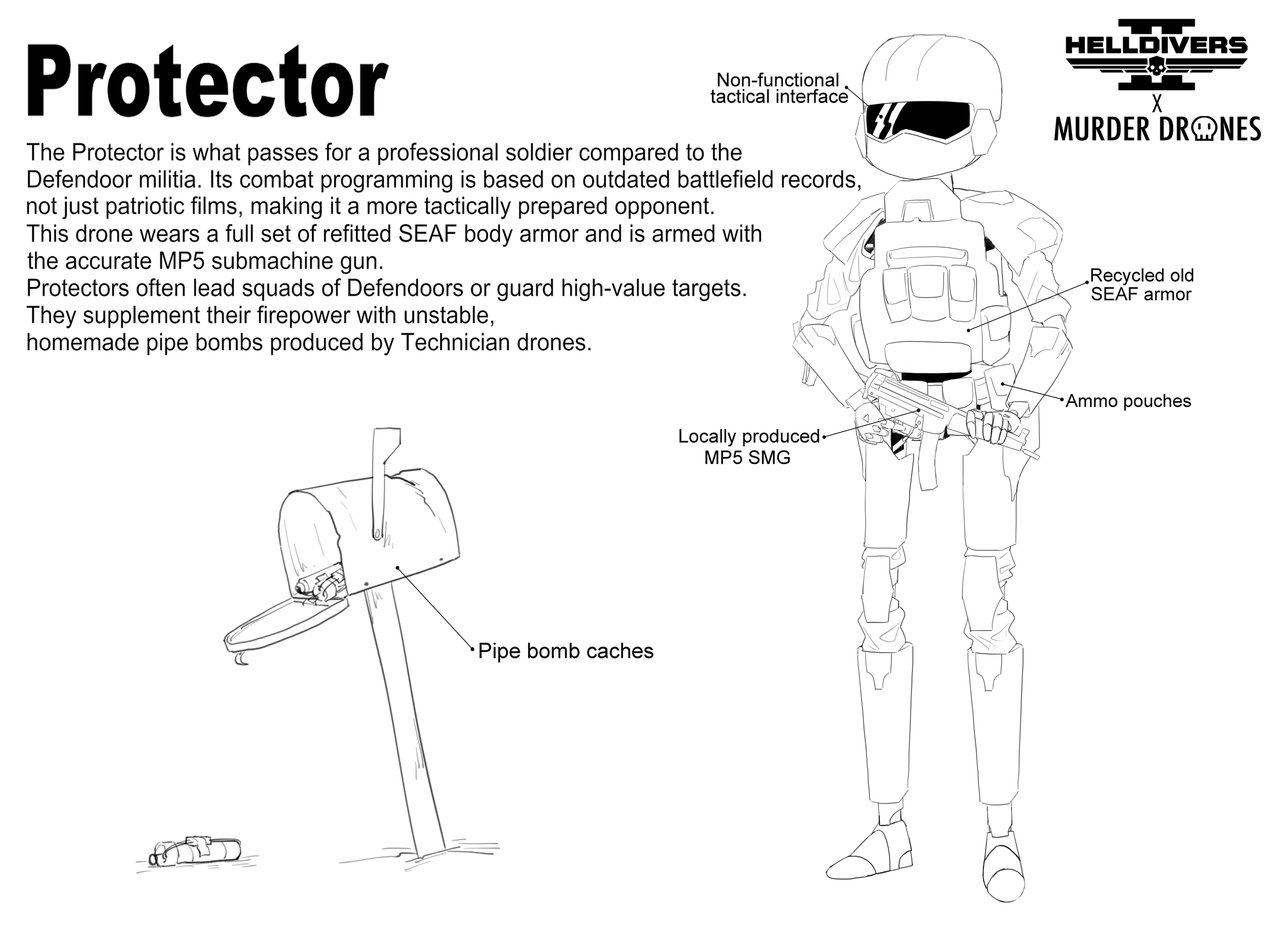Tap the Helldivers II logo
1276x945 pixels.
tap(1156, 54)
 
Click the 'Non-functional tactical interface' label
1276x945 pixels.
tap(779, 89)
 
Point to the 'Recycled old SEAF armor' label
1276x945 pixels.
tap(1141, 285)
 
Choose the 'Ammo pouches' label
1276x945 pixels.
tap(1128, 401)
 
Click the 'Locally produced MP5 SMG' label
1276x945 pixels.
tap(748, 447)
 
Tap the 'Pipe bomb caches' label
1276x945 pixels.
tap(565, 651)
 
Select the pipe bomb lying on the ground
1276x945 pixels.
tap(198, 851)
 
